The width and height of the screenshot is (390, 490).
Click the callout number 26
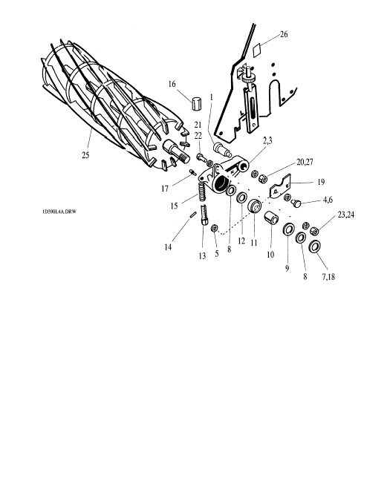(284, 34)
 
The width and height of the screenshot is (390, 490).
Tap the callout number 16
(172, 84)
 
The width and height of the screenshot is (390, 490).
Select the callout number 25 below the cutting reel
(85, 155)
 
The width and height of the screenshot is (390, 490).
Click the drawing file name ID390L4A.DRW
(59, 212)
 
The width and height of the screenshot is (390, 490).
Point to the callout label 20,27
(305, 162)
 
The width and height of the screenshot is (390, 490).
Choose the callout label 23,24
(346, 215)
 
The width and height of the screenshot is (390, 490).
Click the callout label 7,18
(328, 277)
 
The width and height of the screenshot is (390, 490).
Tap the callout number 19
(321, 182)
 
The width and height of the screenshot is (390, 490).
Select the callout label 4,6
(328, 200)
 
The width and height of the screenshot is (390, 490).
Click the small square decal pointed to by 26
(257, 50)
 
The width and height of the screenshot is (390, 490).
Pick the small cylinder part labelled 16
(196, 104)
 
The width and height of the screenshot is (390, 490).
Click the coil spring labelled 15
(202, 193)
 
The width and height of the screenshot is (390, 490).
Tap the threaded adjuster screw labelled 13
(204, 215)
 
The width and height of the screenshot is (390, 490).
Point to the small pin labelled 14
(193, 215)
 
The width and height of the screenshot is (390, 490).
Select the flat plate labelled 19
(280, 187)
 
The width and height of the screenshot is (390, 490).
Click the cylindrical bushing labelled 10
(271, 218)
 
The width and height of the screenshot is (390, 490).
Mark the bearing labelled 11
(256, 206)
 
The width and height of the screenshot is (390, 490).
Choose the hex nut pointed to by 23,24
(314, 231)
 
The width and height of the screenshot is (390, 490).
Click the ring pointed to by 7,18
(314, 246)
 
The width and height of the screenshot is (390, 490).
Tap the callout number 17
(165, 189)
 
